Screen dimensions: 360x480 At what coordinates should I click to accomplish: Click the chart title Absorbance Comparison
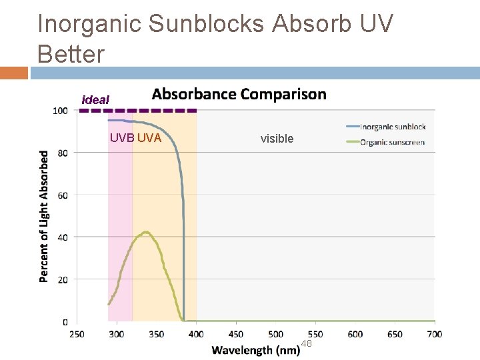click(x=239, y=94)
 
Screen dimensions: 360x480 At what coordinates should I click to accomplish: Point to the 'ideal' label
click(x=95, y=100)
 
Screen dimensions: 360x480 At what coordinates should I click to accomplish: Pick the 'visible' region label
click(x=277, y=138)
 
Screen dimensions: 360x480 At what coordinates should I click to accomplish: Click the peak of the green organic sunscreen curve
click(x=145, y=233)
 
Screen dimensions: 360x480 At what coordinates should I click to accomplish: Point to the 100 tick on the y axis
click(x=60, y=111)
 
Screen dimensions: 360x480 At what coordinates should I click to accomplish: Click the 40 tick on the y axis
click(x=61, y=237)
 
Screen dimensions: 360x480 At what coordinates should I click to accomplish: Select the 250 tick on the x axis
click(x=77, y=334)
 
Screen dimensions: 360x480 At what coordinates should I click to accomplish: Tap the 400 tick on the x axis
click(x=196, y=334)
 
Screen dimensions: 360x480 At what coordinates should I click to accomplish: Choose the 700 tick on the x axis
click(x=434, y=334)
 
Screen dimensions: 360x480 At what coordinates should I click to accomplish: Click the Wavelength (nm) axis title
click(x=255, y=350)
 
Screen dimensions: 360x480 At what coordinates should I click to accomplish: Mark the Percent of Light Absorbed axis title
click(x=44, y=216)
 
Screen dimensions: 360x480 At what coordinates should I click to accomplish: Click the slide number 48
click(x=307, y=343)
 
